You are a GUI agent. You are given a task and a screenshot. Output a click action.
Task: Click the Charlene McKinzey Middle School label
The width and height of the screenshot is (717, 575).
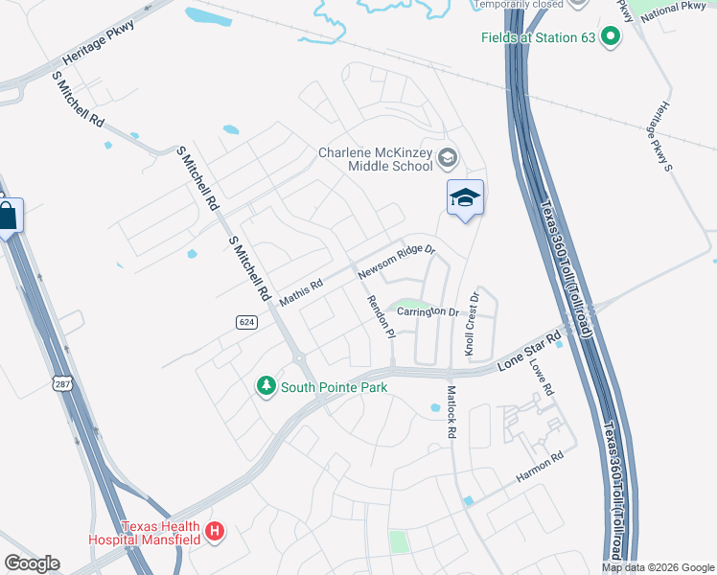(377, 159)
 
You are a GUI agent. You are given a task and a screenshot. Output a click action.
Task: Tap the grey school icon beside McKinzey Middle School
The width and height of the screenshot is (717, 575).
(447, 157)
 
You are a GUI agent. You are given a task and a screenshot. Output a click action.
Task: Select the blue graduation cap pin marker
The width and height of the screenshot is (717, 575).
(465, 198)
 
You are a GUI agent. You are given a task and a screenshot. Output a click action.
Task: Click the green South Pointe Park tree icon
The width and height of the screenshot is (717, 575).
(266, 386)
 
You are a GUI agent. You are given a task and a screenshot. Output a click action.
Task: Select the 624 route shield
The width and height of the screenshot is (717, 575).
(246, 323)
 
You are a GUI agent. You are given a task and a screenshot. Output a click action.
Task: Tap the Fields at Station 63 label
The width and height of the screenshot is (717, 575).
(538, 38)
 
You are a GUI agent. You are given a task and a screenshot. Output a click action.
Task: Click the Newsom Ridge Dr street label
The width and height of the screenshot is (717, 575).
(397, 262)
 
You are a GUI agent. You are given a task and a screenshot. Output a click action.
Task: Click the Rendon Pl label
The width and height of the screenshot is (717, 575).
(381, 316)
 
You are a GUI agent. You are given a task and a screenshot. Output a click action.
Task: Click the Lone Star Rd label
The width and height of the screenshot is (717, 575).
(529, 352)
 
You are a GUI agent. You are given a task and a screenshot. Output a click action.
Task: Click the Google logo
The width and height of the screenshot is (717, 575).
(32, 563)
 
